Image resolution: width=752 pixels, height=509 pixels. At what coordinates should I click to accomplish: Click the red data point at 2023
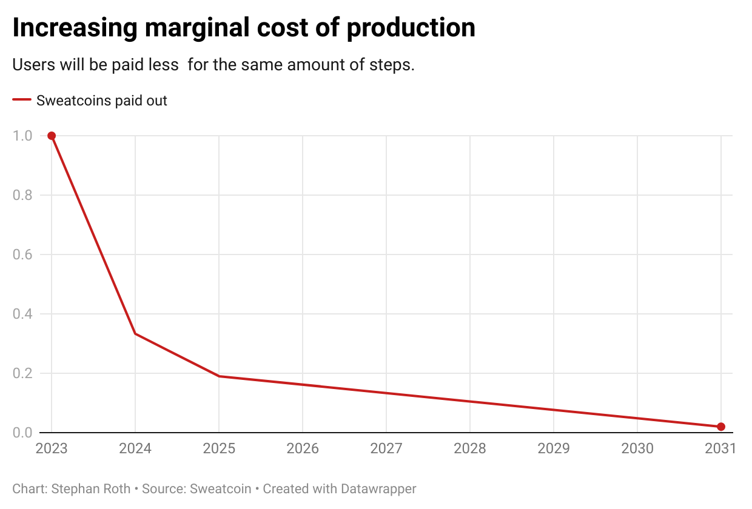tap(52, 136)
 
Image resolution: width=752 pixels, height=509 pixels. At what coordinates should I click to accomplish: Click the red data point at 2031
tap(721, 427)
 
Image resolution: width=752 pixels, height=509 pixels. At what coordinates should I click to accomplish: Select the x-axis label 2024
tap(135, 448)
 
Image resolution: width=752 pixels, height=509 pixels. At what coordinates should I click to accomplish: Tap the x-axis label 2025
tap(219, 448)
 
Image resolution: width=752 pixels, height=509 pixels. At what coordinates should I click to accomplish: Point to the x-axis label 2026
tap(303, 448)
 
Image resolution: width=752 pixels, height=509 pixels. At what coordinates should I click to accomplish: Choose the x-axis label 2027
tap(386, 448)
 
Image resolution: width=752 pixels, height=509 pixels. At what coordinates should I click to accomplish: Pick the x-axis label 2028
tap(470, 448)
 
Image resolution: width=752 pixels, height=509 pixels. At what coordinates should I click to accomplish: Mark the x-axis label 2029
tap(554, 448)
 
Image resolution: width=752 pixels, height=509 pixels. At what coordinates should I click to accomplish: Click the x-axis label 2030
tap(637, 448)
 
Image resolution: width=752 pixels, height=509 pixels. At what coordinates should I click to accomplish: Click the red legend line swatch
tap(22, 101)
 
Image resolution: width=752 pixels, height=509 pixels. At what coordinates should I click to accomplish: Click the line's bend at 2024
tap(135, 334)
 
